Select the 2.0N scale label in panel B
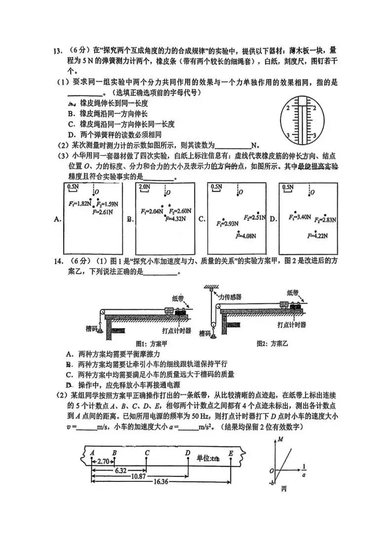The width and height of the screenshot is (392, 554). click(144, 188)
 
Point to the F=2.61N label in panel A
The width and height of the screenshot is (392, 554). click(102, 211)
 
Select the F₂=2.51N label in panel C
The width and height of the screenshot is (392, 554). click(255, 217)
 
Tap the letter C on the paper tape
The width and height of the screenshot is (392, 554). click(147, 452)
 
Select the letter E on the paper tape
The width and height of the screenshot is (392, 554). click(231, 452)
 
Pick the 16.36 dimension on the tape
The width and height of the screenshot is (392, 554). click(162, 482)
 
